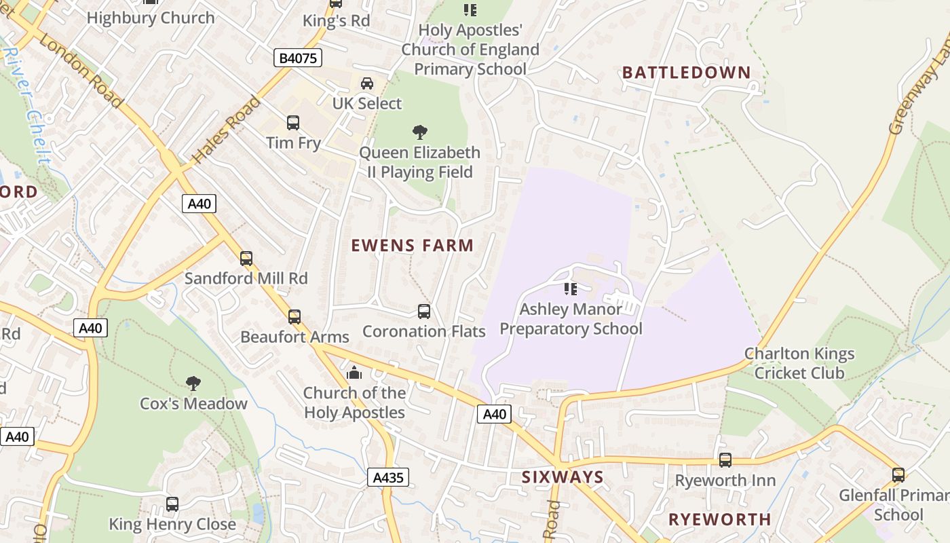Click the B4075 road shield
pyautogui.click(x=299, y=58)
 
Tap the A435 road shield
pyautogui.click(x=389, y=477)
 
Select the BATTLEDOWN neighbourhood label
pyautogui.click(x=686, y=73)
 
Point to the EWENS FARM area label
pyautogui.click(x=412, y=245)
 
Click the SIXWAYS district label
pyautogui.click(x=563, y=477)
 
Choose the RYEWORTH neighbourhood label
pyautogui.click(x=719, y=519)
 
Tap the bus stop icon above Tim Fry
pyautogui.click(x=293, y=123)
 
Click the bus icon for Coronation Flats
pyautogui.click(x=424, y=312)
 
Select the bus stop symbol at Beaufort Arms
pyautogui.click(x=294, y=317)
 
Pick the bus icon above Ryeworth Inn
pyautogui.click(x=725, y=460)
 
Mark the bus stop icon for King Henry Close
pyautogui.click(x=172, y=504)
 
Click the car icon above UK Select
pyautogui.click(x=367, y=83)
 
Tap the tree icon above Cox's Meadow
pyautogui.click(x=193, y=383)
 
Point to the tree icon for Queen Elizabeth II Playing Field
pyautogui.click(x=420, y=132)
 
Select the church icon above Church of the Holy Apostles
pyautogui.click(x=354, y=373)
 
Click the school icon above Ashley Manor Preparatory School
pyautogui.click(x=571, y=289)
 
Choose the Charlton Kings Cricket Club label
pyautogui.click(x=799, y=363)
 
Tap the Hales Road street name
pyautogui.click(x=226, y=131)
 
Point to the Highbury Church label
pyautogui.click(x=151, y=18)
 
